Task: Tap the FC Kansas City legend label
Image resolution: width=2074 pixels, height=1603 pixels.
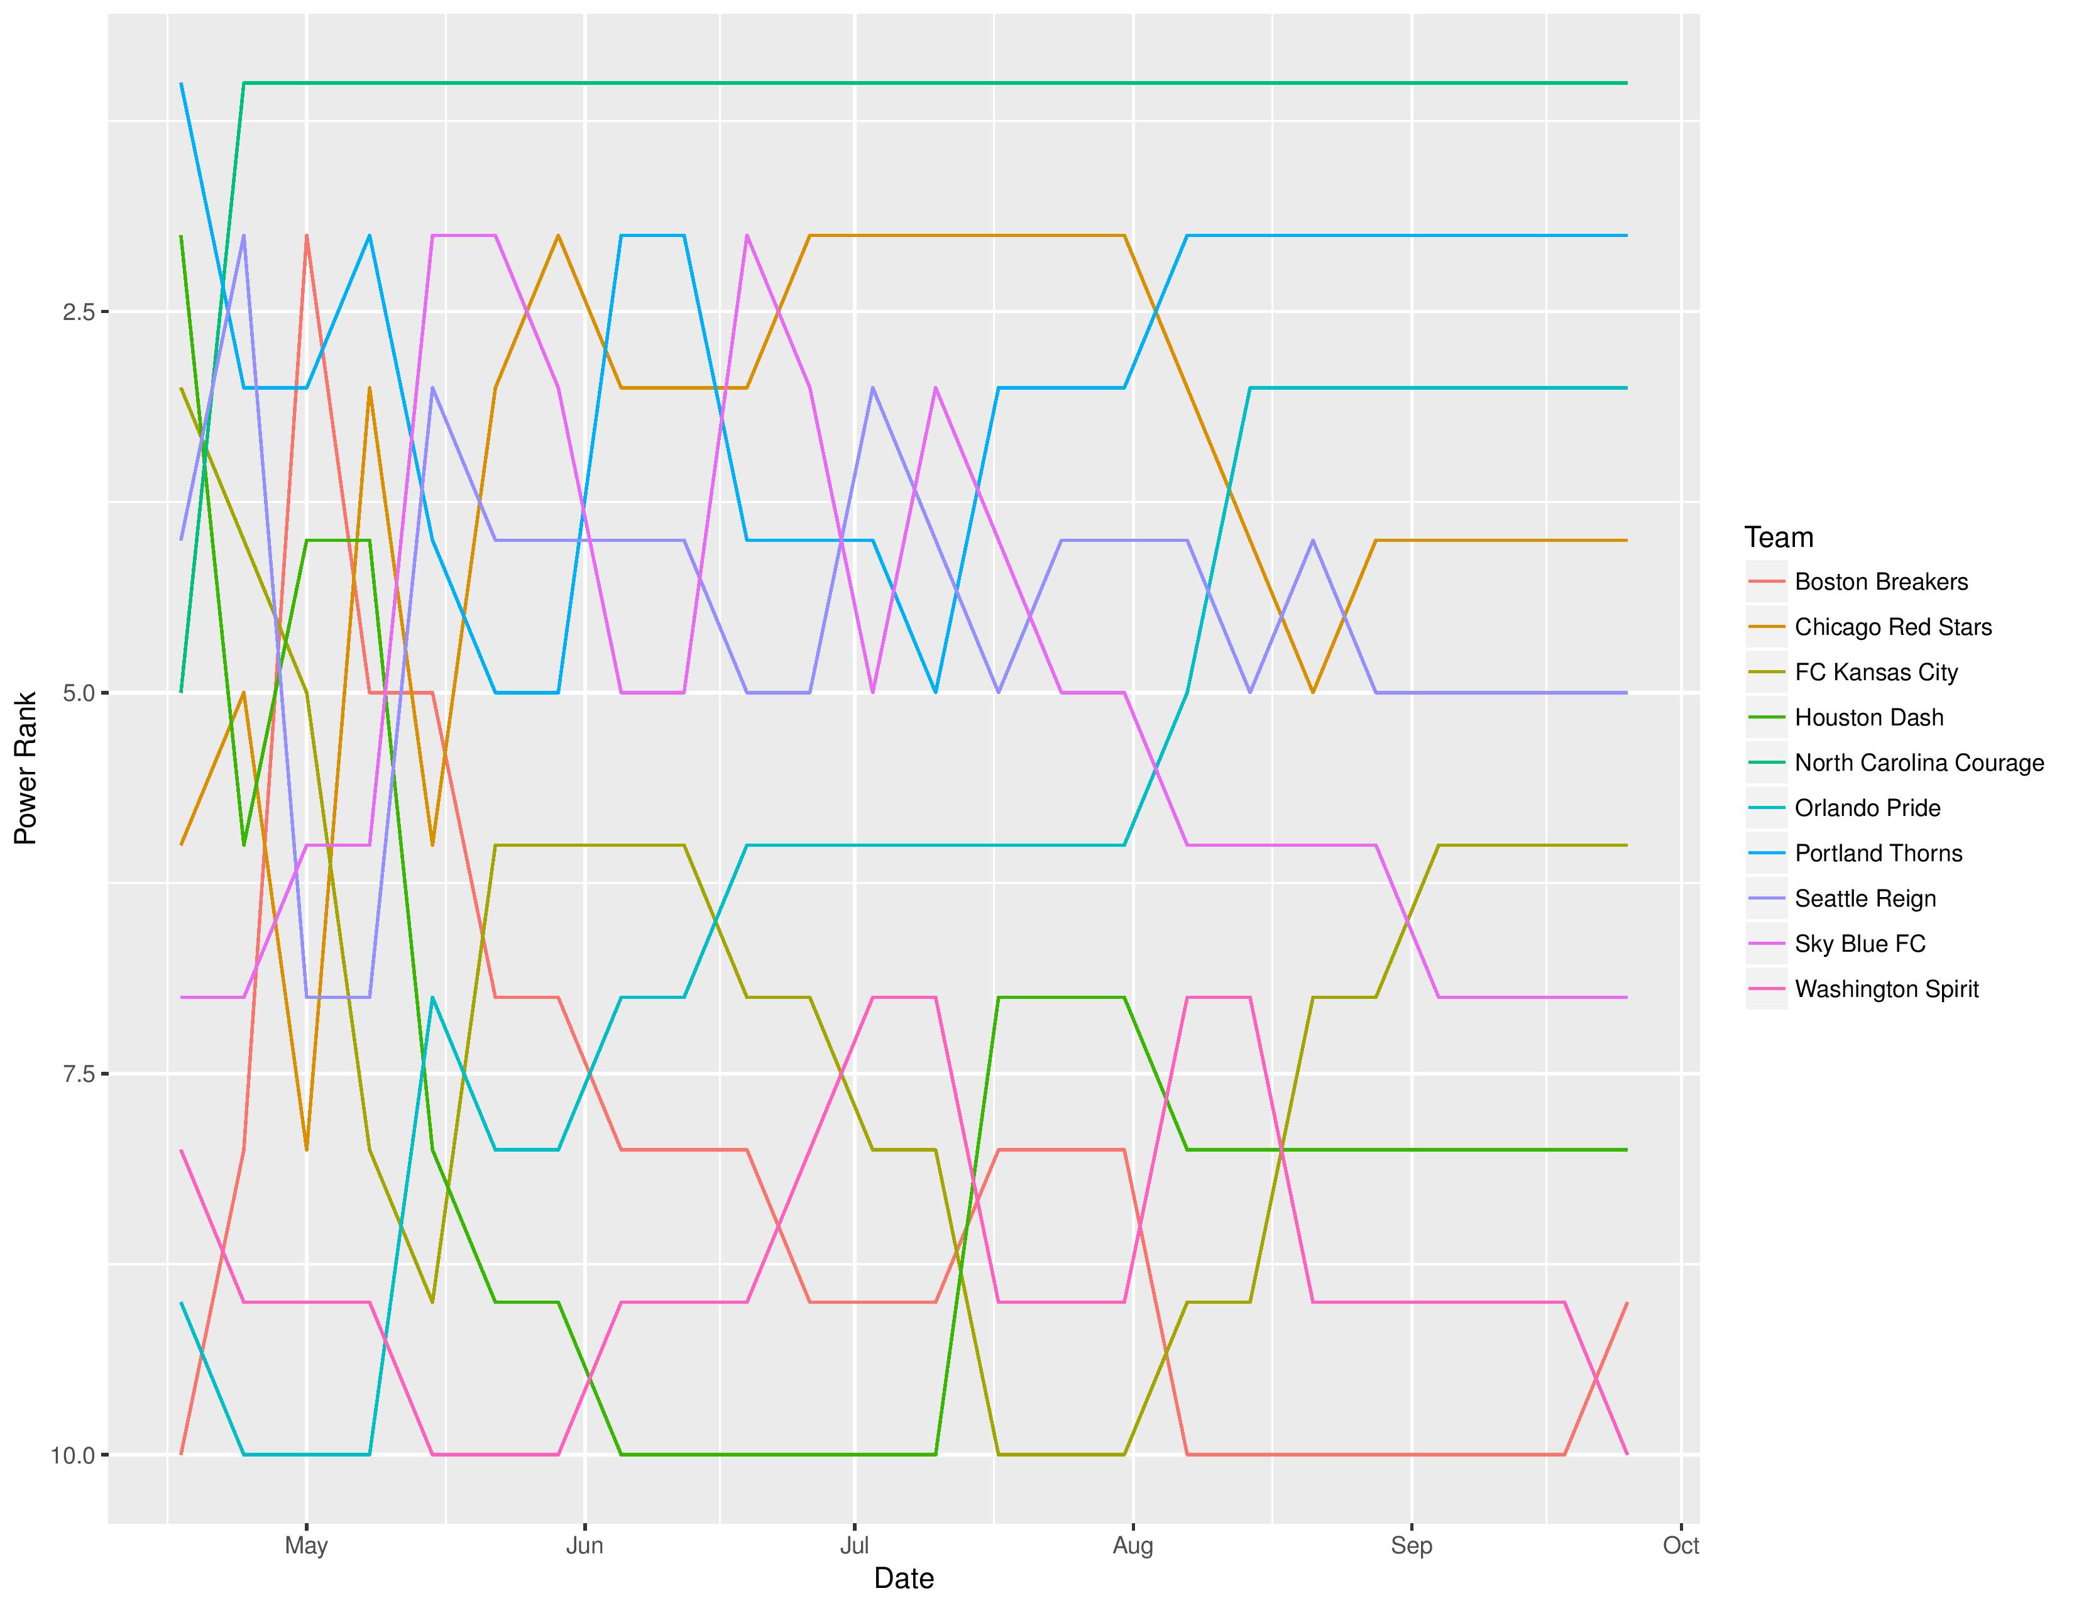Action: [1875, 673]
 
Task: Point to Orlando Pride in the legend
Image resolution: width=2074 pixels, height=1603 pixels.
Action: [1867, 808]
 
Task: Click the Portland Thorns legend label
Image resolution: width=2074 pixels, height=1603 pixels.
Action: [1877, 853]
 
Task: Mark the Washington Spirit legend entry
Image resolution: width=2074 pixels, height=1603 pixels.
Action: [1886, 989]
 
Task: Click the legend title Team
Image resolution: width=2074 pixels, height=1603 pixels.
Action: [1779, 537]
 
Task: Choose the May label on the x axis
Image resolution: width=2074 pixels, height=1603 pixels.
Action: [306, 1545]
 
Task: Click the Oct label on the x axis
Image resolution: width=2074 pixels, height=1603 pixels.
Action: [1680, 1545]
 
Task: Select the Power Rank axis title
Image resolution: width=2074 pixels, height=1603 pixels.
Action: [26, 768]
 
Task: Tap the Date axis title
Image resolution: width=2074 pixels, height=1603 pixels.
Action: [903, 1578]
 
